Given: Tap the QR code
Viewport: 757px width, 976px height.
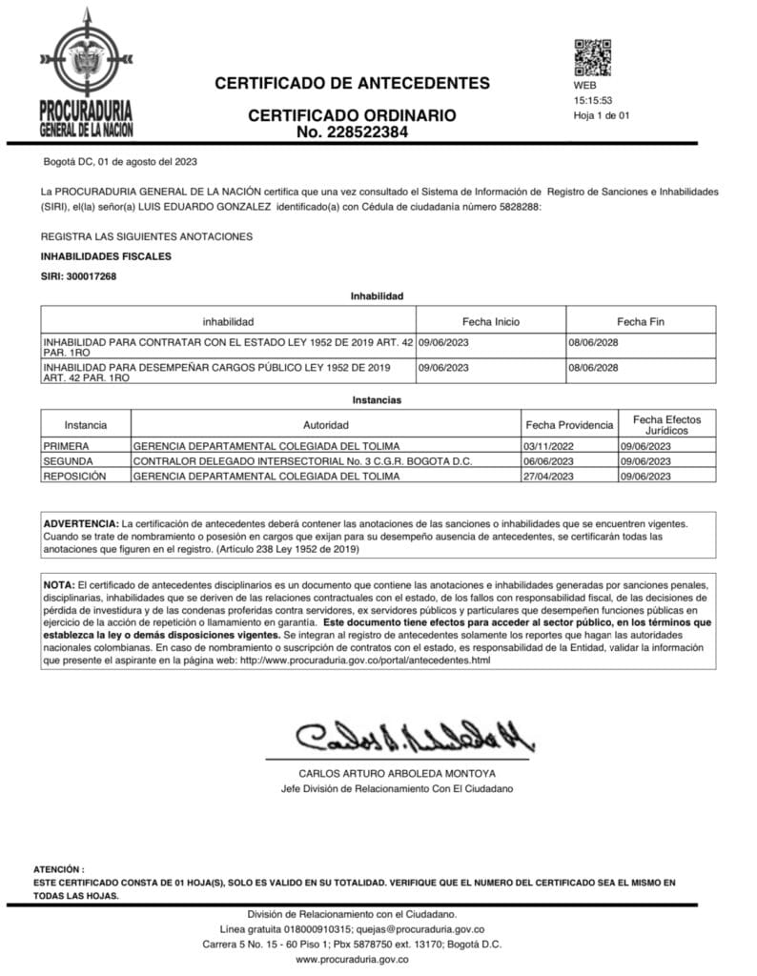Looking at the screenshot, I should coord(591,57).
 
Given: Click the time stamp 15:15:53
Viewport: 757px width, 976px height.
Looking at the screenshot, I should coord(592,100).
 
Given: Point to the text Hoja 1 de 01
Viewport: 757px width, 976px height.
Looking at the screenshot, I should coord(602,115).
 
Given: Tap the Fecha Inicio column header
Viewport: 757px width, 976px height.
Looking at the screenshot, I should coord(491,321).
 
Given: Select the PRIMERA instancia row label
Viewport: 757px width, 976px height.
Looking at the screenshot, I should coord(66,446).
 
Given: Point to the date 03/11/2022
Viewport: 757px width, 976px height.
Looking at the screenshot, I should coord(548,446).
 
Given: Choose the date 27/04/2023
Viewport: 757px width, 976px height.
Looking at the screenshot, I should coord(548,475).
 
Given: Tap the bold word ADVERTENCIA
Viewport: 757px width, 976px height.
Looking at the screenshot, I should coord(81,524).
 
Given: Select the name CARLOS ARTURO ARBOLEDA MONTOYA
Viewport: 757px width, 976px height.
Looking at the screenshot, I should coord(398,773).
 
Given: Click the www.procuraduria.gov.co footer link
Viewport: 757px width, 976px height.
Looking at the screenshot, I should coord(352,959).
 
